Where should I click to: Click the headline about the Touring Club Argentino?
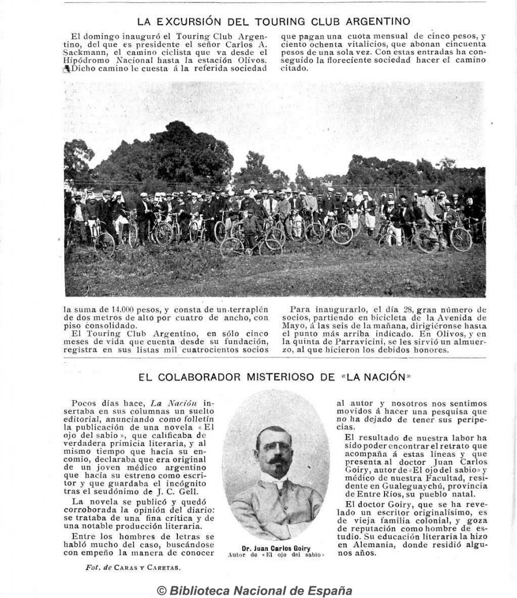click(274, 22)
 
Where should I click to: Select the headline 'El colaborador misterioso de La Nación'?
click(274, 377)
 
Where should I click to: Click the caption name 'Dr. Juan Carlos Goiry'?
click(275, 548)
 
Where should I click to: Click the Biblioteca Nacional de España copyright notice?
click(254, 590)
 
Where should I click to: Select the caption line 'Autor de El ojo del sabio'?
click(275, 555)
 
